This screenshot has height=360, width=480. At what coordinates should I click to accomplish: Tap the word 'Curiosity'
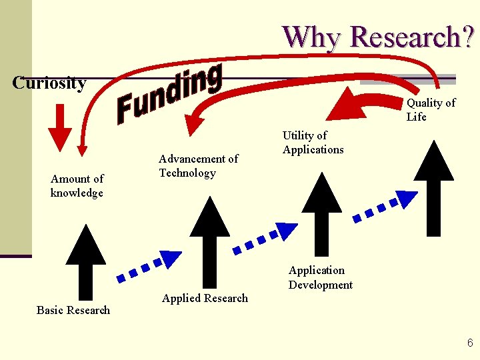point(49,83)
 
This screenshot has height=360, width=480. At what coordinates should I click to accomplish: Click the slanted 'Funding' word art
point(169,94)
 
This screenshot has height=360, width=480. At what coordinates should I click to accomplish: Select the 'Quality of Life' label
point(431,110)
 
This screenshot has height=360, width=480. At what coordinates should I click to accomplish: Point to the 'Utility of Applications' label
point(313,143)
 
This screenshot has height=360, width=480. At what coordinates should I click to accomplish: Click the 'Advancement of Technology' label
point(198,166)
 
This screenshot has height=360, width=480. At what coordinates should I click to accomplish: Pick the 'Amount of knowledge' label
point(77,186)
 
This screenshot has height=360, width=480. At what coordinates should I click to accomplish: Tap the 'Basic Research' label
point(73,310)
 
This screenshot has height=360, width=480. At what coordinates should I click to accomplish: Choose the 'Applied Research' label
point(205,298)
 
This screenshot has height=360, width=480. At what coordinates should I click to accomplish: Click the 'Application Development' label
point(320,277)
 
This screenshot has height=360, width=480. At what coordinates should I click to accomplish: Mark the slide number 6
point(470,343)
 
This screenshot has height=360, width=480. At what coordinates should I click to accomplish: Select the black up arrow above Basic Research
point(85,263)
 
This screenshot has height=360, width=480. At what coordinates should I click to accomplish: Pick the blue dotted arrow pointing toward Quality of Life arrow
point(386,205)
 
